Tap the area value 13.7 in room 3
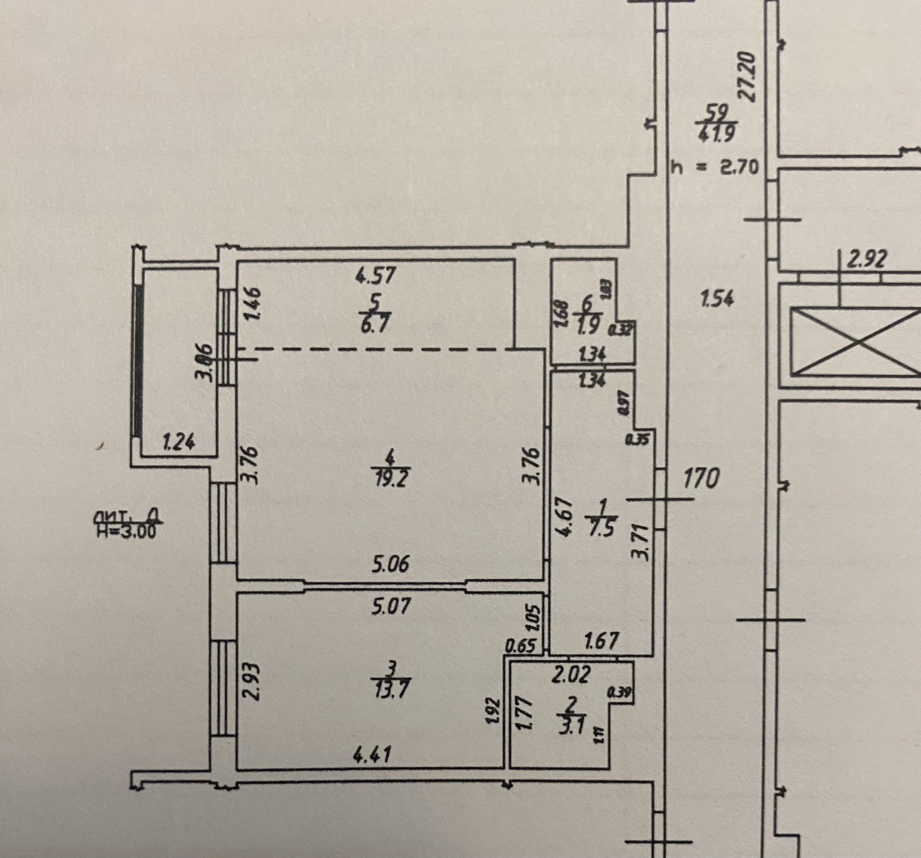tap(391, 691)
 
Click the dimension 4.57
tap(376, 275)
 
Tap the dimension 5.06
tap(390, 564)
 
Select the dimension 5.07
tap(391, 606)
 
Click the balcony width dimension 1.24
tap(179, 441)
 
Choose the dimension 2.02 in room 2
tap(570, 674)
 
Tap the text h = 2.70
tap(714, 168)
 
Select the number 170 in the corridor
tap(701, 478)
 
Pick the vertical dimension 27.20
tap(747, 77)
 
